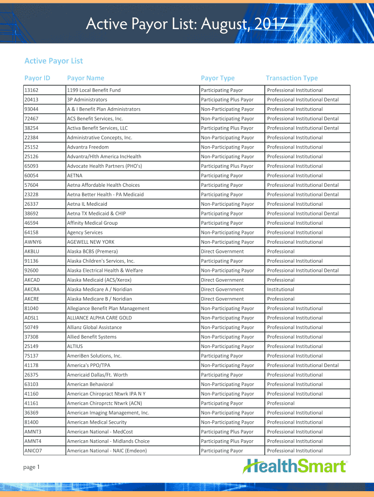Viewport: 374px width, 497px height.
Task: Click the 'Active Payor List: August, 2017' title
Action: (x=187, y=23)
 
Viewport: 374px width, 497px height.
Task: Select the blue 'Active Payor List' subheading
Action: (x=53, y=61)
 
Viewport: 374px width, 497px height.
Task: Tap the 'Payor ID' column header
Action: (x=37, y=78)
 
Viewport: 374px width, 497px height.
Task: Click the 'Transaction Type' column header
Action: (x=291, y=78)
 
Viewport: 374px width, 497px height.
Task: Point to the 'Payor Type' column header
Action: (x=218, y=78)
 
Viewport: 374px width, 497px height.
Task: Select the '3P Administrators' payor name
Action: (x=87, y=99)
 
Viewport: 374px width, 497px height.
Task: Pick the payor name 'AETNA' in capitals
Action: (x=75, y=176)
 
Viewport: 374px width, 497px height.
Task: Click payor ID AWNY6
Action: (x=33, y=242)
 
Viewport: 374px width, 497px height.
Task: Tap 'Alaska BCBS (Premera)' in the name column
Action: (x=92, y=251)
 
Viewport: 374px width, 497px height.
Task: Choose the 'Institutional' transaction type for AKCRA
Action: (x=281, y=289)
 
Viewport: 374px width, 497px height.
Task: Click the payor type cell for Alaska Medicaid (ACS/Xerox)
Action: (x=222, y=280)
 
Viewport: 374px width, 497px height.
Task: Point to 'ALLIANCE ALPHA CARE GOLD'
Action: (x=99, y=318)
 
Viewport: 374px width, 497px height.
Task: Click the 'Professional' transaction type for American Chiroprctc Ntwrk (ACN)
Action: (x=281, y=403)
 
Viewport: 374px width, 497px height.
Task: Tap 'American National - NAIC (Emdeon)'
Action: (x=107, y=451)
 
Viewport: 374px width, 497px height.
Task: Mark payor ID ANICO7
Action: (x=33, y=451)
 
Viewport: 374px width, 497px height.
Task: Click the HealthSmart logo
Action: (x=295, y=466)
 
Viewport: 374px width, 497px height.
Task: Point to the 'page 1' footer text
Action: (x=31, y=467)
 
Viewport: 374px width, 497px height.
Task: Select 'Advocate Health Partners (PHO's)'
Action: (x=104, y=166)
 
